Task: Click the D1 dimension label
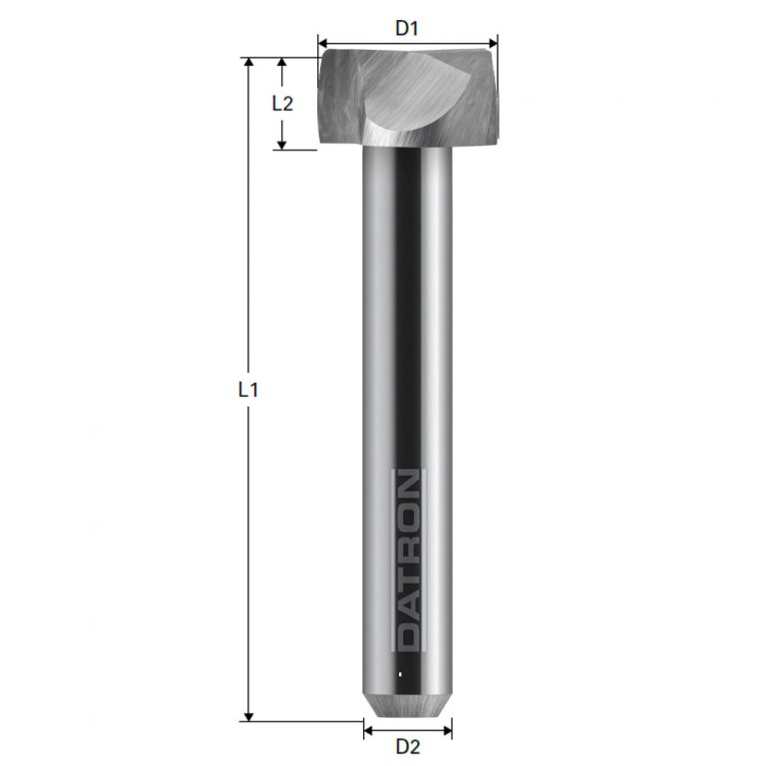tap(406, 28)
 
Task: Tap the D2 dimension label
tap(406, 746)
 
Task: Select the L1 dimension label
tap(248, 390)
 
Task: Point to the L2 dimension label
tap(282, 103)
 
